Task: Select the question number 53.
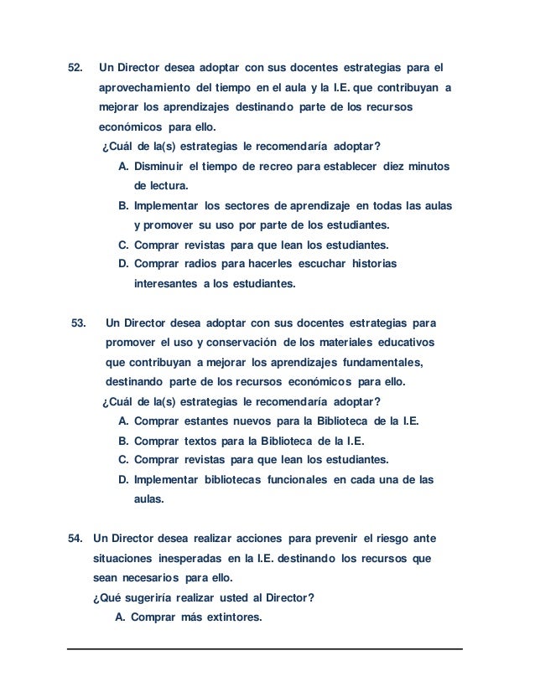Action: (80, 323)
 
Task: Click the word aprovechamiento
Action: (145, 90)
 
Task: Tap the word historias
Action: (370, 265)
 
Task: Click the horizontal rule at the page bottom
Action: (266, 648)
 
